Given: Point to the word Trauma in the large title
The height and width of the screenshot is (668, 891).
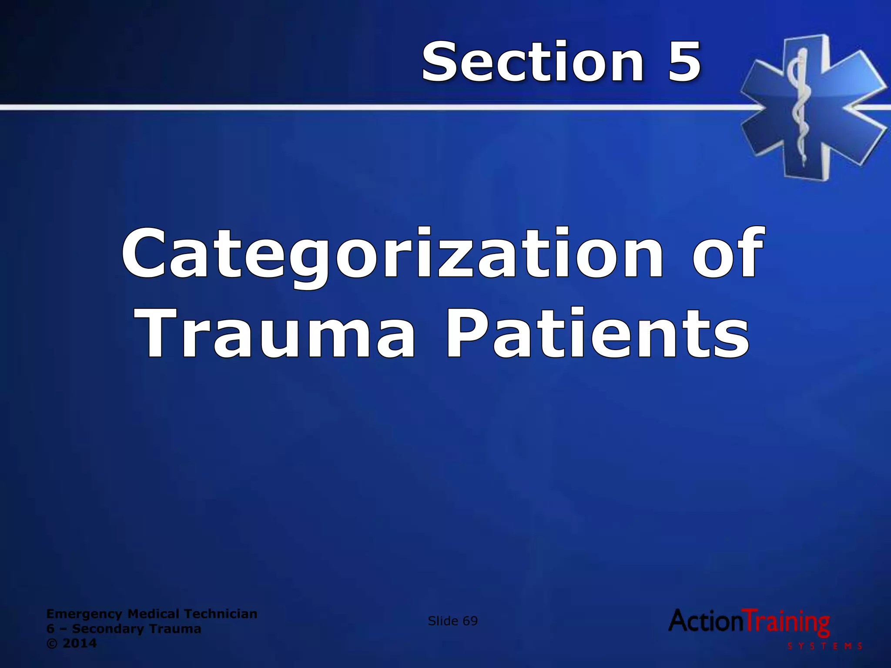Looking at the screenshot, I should [x=278, y=334].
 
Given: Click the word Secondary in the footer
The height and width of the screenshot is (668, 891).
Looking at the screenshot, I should [x=104, y=629].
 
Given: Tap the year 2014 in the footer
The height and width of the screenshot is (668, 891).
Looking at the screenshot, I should [x=80, y=643].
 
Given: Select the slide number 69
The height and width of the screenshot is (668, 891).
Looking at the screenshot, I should [x=470, y=621].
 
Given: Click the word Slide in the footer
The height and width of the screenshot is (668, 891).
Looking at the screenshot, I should [x=443, y=621].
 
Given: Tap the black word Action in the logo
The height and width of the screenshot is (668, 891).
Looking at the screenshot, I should [x=707, y=621].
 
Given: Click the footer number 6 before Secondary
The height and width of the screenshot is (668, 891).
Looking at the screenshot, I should [x=50, y=629].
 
